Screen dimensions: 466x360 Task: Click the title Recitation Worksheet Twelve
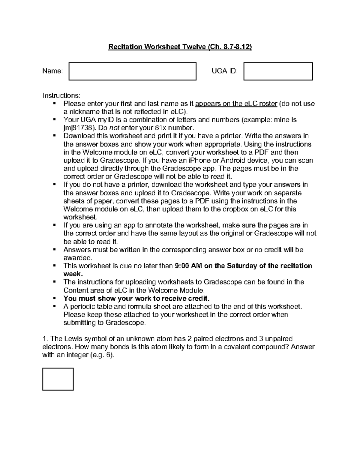pyautogui.click(x=180, y=47)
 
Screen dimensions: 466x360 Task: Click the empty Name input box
pyautogui.click(x=132, y=71)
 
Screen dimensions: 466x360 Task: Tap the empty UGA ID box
pyautogui.click(x=278, y=71)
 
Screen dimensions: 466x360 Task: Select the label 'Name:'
pyautogui.click(x=52, y=71)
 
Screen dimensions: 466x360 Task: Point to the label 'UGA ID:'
pyautogui.click(x=224, y=71)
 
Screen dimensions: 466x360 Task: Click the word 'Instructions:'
pyautogui.click(x=61, y=95)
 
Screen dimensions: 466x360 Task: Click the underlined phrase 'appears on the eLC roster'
pyautogui.click(x=236, y=104)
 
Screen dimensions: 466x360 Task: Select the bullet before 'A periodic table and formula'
pyautogui.click(x=55, y=306)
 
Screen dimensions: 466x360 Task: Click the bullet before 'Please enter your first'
pyautogui.click(x=55, y=104)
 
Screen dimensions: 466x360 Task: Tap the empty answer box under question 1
pyautogui.click(x=58, y=379)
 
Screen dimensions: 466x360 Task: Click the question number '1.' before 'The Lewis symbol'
pyautogui.click(x=45, y=339)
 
